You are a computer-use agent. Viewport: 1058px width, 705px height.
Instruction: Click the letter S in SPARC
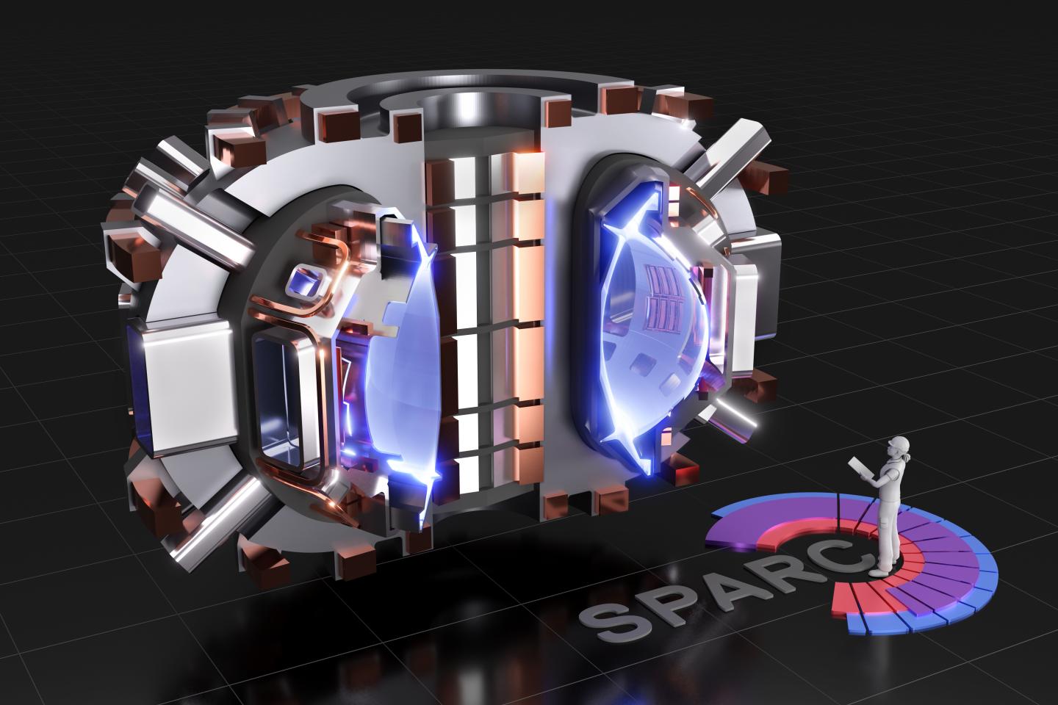[611, 618]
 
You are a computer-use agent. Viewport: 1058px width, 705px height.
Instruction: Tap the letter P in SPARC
[661, 599]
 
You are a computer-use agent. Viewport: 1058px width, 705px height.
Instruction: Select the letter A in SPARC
[711, 582]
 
